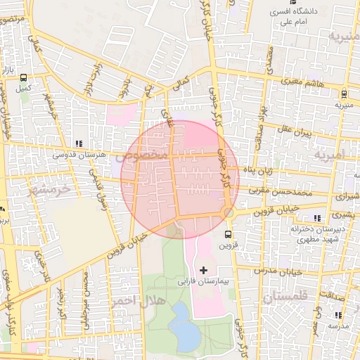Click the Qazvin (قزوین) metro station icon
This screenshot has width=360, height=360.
tap(228, 234)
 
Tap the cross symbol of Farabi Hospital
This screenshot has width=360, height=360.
tap(204, 270)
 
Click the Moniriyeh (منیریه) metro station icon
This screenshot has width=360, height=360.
tap(343, 94)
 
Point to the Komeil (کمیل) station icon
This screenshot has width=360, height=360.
tap(25, 78)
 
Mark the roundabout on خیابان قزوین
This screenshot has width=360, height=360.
tap(227, 212)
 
